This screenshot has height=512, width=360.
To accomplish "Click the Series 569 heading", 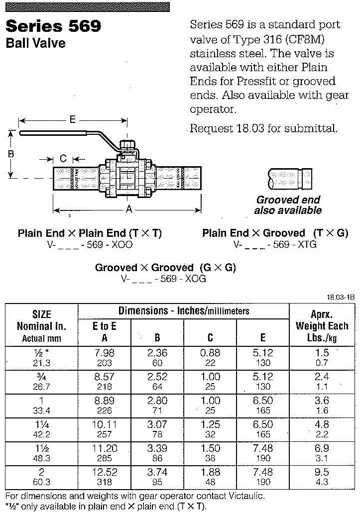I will pos(53,26).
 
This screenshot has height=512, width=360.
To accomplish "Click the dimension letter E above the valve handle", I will pos(72,119).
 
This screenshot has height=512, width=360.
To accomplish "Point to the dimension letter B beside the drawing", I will pos(11,154).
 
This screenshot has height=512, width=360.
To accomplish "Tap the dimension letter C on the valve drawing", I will pos(63,159).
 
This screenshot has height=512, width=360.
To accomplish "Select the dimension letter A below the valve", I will pos(129,210).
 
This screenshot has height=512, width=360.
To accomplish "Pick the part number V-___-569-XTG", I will pos(275,244).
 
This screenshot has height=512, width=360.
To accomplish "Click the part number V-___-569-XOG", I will pos(163,279).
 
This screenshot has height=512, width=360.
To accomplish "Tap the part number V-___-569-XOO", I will pos(90,244).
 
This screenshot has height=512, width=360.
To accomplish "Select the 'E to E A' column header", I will pos(104,332).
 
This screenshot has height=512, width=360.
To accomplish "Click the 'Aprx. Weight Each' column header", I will pos(322,326).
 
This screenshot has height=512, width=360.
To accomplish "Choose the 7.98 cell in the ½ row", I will pos(105,353).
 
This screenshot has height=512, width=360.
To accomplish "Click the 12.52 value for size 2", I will pos(105,472).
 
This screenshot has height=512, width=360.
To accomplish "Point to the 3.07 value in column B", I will pos(157,424).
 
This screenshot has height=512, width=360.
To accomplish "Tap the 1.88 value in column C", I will pos(210,472).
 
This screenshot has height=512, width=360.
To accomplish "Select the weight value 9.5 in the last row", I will pos(322,472).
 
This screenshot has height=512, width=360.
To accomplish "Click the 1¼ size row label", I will pos(41,424).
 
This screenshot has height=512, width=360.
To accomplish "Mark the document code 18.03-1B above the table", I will pos(341,297).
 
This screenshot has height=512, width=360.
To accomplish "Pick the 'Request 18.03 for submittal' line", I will pos(263,128).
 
